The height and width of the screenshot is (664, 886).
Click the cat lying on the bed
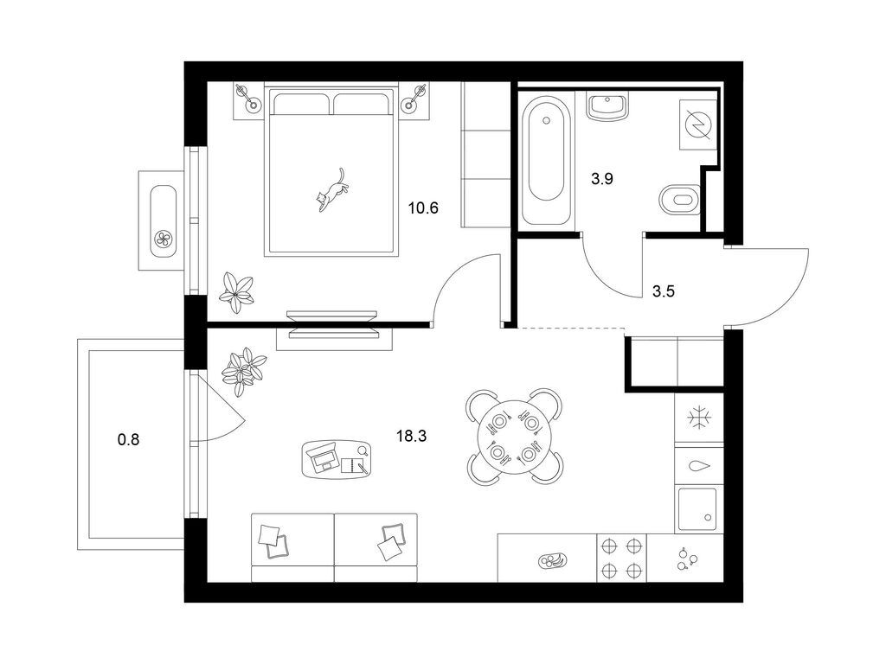[331, 190]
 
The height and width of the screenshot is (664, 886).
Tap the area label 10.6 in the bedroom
[423, 208]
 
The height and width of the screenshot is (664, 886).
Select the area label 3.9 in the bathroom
[602, 180]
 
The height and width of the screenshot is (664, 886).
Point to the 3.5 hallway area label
[664, 292]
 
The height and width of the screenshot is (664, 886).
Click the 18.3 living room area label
[411, 436]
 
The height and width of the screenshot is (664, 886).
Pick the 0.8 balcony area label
[128, 438]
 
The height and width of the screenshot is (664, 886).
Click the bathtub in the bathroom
[546, 160]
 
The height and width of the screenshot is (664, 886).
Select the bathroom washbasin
[607, 106]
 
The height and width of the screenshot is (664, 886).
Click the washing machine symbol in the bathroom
[698, 124]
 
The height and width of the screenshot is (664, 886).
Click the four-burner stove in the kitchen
[621, 558]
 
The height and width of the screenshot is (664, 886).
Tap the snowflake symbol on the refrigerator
[699, 418]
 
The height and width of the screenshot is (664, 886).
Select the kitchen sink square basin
[697, 508]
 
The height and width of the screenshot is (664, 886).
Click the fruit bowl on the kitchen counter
[553, 560]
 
